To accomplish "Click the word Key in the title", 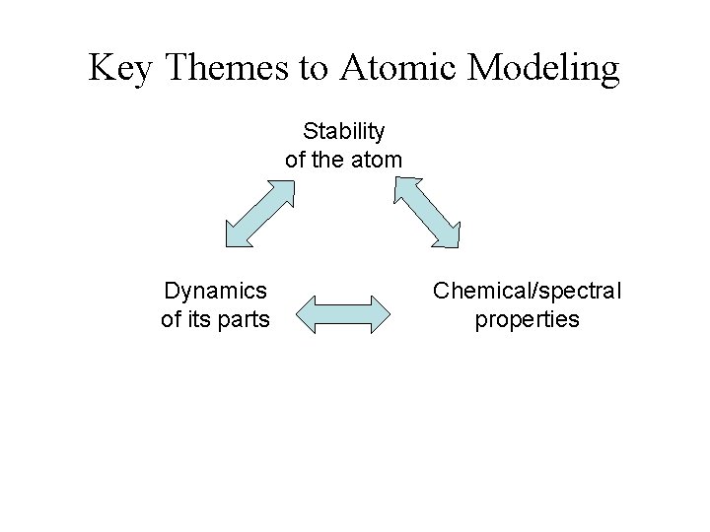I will (120, 68).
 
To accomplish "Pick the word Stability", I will (344, 131).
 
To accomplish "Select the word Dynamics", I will (215, 291).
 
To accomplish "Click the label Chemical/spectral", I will (528, 291).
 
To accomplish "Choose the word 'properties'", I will (528, 319).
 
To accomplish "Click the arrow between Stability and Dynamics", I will (259, 212).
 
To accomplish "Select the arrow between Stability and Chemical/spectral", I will (428, 212).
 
